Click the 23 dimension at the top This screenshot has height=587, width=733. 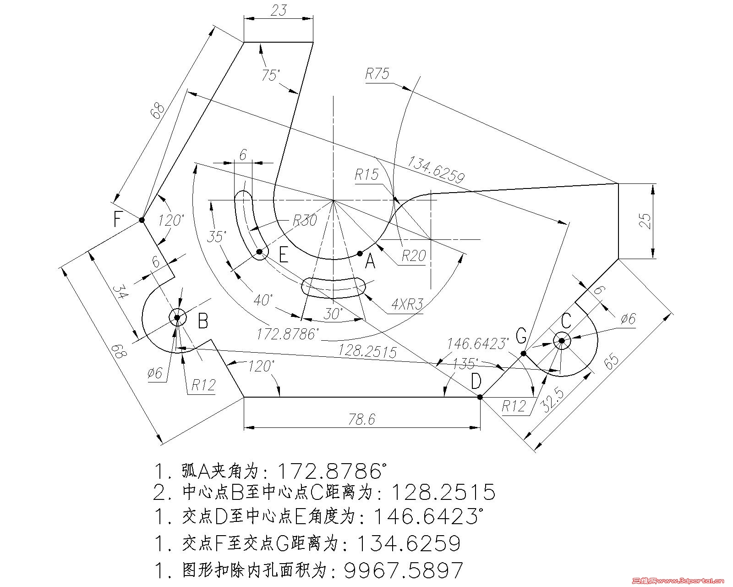tap(279, 10)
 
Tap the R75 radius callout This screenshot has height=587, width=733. tap(377, 74)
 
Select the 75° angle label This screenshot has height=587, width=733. tap(271, 75)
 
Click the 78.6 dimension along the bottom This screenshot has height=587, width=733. tap(362, 419)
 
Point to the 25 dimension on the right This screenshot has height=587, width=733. tap(645, 221)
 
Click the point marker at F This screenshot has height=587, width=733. tap(142, 220)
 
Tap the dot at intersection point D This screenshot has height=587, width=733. tap(480, 397)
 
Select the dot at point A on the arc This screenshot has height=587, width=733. tap(359, 253)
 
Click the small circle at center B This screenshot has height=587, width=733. tap(177, 317)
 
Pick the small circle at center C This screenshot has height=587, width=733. tap(562, 341)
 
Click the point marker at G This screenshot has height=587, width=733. tap(523, 354)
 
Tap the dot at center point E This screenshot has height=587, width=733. tap(259, 252)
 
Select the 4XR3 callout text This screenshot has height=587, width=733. tap(407, 304)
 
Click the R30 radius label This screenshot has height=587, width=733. tap(305, 220)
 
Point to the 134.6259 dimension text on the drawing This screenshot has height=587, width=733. tap(436, 170)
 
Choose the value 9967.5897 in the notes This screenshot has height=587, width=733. tap(404, 570)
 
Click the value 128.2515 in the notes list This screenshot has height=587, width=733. tap(443, 492)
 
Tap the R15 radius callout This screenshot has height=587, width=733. tap(366, 175)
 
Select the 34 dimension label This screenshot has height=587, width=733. tap(120, 292)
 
